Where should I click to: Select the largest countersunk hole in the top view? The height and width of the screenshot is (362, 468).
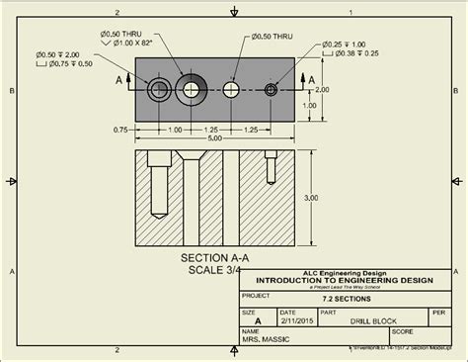tap(191, 89)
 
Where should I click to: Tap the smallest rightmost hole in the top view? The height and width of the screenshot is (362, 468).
tap(271, 90)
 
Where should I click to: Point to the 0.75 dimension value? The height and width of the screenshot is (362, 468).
tap(121, 130)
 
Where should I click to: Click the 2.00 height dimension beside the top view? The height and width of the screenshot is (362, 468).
tap(321, 88)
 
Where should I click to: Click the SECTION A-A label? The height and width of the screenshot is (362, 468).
tap(212, 256)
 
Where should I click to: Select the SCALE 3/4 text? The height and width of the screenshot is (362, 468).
tap(212, 268)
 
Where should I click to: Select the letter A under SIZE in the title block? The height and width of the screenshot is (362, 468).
tap(258, 320)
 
